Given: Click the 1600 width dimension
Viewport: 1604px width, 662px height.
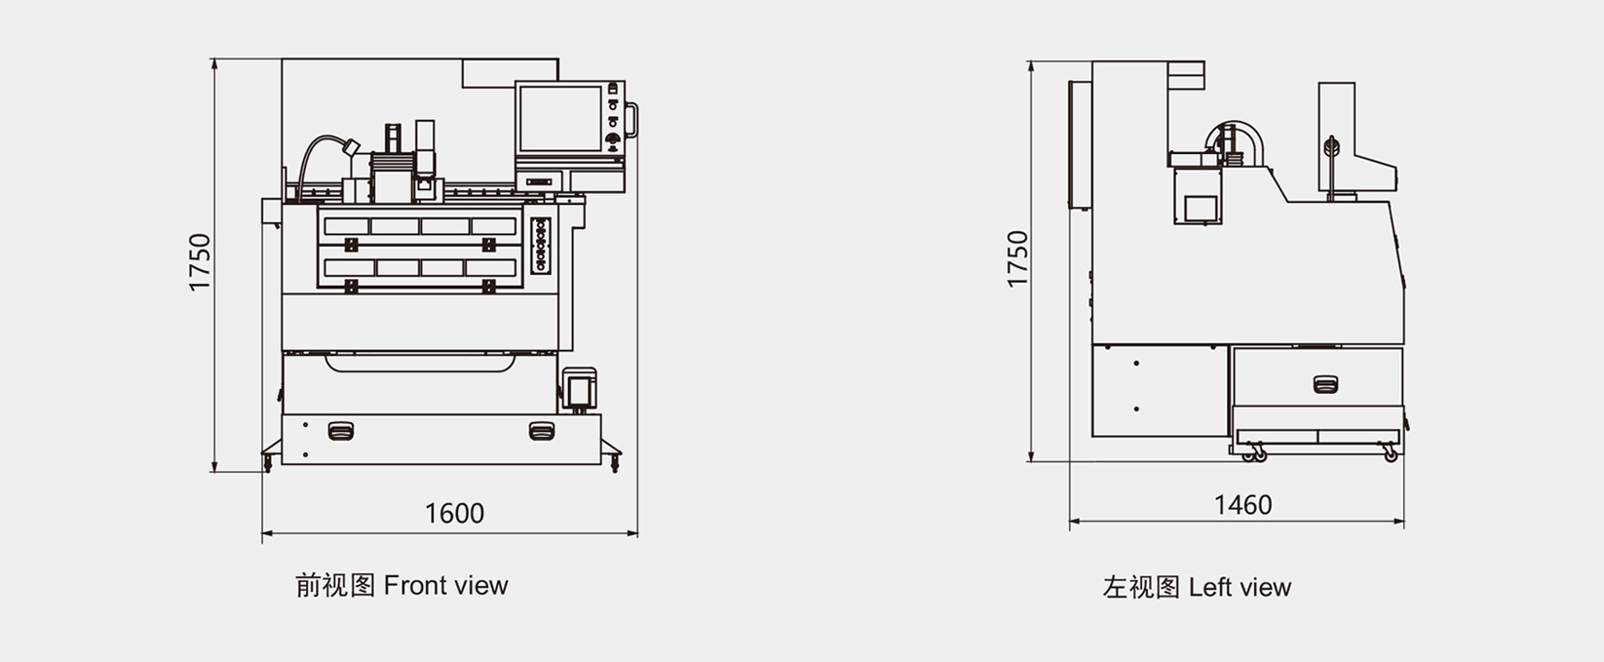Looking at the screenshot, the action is click(x=455, y=513).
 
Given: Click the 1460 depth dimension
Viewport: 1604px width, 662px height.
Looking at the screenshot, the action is click(x=1243, y=505).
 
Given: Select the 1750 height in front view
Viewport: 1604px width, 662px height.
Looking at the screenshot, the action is click(x=201, y=262).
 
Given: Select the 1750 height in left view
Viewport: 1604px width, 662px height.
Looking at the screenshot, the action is click(x=1017, y=259).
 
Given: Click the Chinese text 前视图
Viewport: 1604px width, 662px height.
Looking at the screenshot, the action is click(x=335, y=585).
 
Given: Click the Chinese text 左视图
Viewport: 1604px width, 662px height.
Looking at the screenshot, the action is click(x=1141, y=588).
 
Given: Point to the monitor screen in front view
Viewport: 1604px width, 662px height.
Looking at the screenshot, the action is click(x=560, y=118).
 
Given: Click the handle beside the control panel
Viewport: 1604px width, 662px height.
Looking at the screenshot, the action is click(x=631, y=120).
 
